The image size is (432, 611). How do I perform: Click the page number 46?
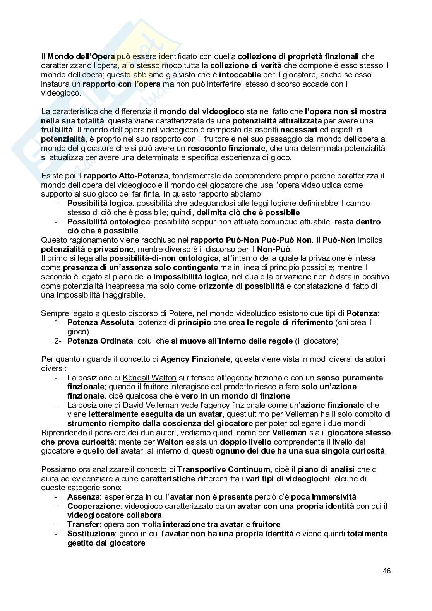click(x=386, y=571)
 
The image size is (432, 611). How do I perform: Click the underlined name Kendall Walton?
click(x=149, y=378)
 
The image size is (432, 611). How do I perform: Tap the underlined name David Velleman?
click(x=151, y=405)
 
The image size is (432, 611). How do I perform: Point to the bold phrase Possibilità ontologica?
click(x=108, y=222)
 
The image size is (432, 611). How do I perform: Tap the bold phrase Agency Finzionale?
click(x=195, y=359)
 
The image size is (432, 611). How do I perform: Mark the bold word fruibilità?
click(x=57, y=130)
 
